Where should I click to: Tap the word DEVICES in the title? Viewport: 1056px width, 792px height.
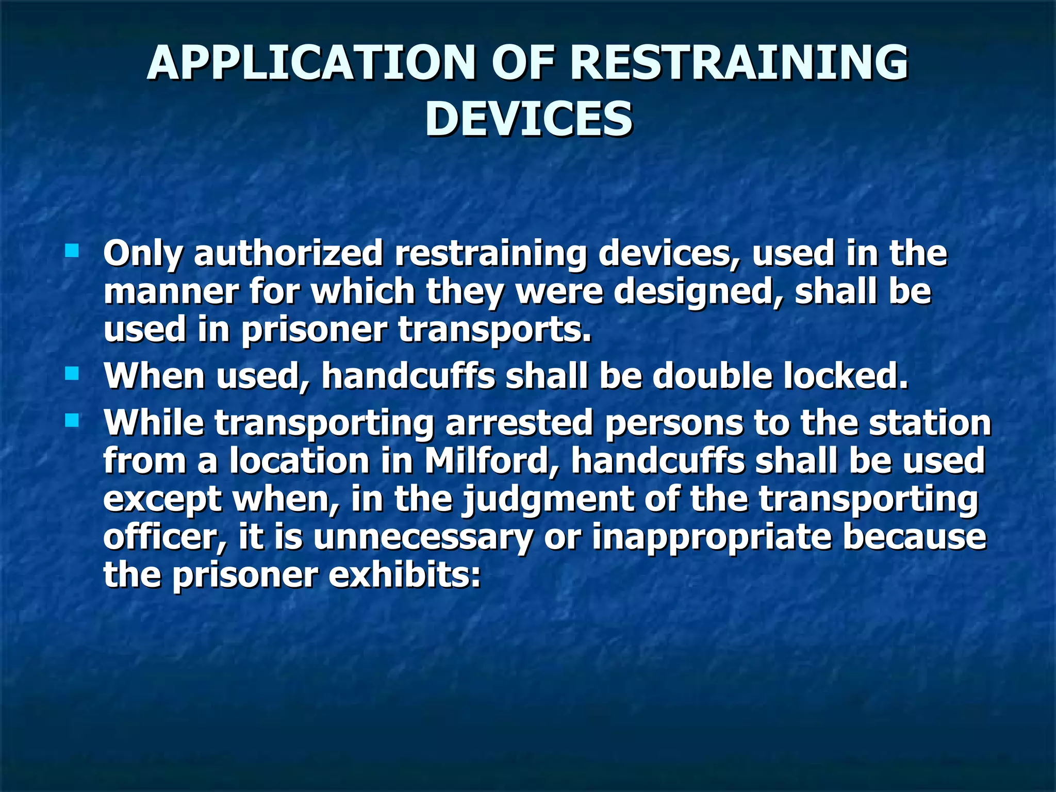point(529,119)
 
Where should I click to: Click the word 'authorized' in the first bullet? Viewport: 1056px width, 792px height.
point(289,254)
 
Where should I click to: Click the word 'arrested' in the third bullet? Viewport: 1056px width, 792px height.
point(519,423)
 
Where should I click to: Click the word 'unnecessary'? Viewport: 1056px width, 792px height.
point(423,537)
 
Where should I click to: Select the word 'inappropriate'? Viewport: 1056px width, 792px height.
point(712,537)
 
